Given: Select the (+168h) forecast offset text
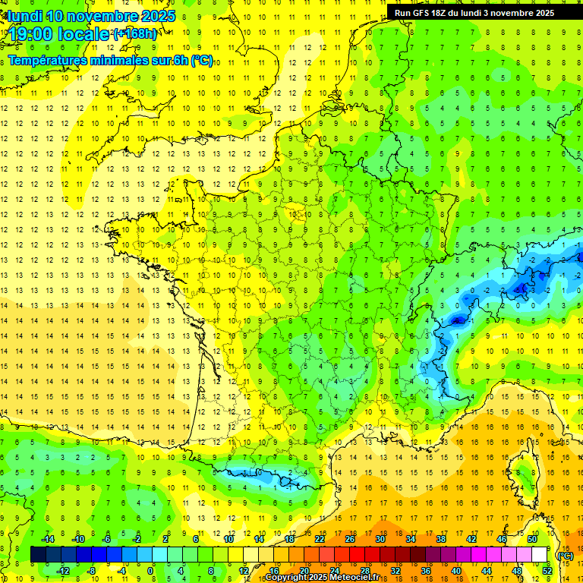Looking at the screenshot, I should pos(135,33).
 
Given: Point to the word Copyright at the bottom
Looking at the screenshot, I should pos(288,578).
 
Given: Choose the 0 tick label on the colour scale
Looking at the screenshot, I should pos(150,570).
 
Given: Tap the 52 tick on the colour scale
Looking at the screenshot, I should pos(547,570).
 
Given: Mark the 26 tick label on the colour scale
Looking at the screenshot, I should pos(350,539).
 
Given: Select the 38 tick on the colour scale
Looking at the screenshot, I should pos(440,539).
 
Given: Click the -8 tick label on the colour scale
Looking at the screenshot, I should pos(92,570).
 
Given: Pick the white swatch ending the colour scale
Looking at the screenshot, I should pos(539,554).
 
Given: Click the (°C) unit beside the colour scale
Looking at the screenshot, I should pos(565,556).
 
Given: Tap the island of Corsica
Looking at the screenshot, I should pos(522,474).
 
